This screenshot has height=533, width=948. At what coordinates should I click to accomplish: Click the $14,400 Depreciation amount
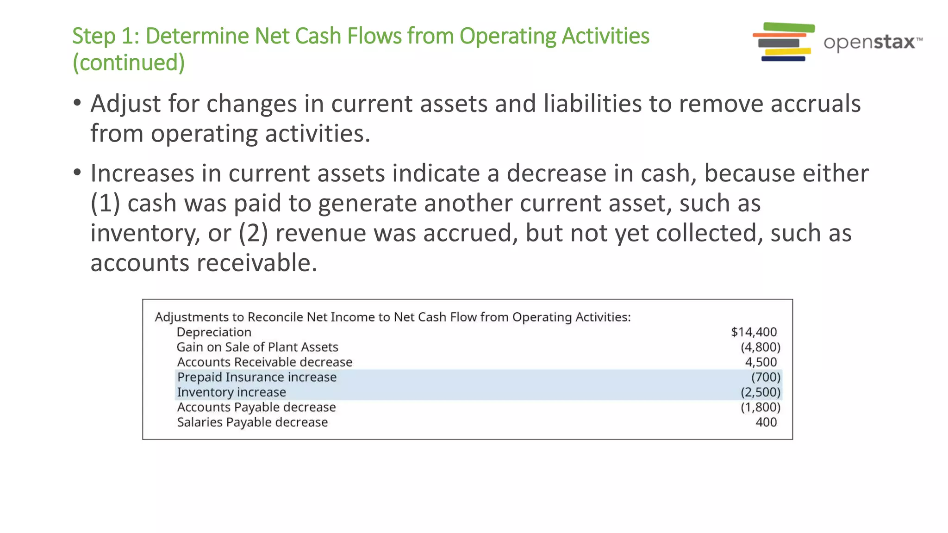tap(754, 332)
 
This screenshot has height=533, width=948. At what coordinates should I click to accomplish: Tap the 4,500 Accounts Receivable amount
tap(761, 362)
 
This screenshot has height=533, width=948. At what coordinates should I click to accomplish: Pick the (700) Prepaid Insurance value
tap(766, 377)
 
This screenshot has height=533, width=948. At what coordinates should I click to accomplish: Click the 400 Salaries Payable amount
tap(766, 422)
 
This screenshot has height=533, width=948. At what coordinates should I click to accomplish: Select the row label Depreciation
tap(214, 332)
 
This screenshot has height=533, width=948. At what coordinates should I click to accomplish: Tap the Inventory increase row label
tap(231, 392)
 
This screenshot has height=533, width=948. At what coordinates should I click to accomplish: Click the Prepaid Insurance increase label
tap(257, 377)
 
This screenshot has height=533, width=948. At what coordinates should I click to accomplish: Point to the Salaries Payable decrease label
tap(252, 422)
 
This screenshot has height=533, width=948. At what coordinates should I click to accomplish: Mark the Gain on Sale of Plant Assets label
tap(257, 347)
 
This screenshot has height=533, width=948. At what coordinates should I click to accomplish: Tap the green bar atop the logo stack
tap(789, 27)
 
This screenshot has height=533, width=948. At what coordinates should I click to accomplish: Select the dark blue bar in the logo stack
tap(783, 59)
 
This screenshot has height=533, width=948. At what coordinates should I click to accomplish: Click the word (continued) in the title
tap(129, 62)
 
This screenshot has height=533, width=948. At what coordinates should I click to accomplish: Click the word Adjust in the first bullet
tap(125, 104)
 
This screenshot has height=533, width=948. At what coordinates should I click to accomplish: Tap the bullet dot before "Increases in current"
tap(77, 173)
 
